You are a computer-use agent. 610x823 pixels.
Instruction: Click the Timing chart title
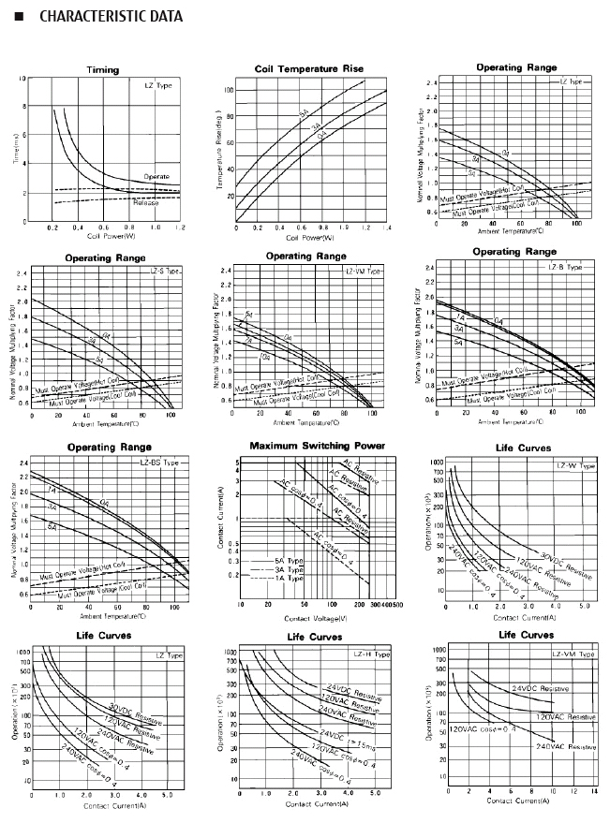(102, 70)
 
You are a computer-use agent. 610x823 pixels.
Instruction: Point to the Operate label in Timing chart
(156, 176)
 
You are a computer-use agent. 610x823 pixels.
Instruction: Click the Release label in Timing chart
(145, 199)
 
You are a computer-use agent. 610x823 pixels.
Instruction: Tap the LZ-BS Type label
(160, 463)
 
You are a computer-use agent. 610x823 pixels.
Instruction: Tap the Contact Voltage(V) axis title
(316, 618)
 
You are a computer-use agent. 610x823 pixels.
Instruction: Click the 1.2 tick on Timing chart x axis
(180, 228)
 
